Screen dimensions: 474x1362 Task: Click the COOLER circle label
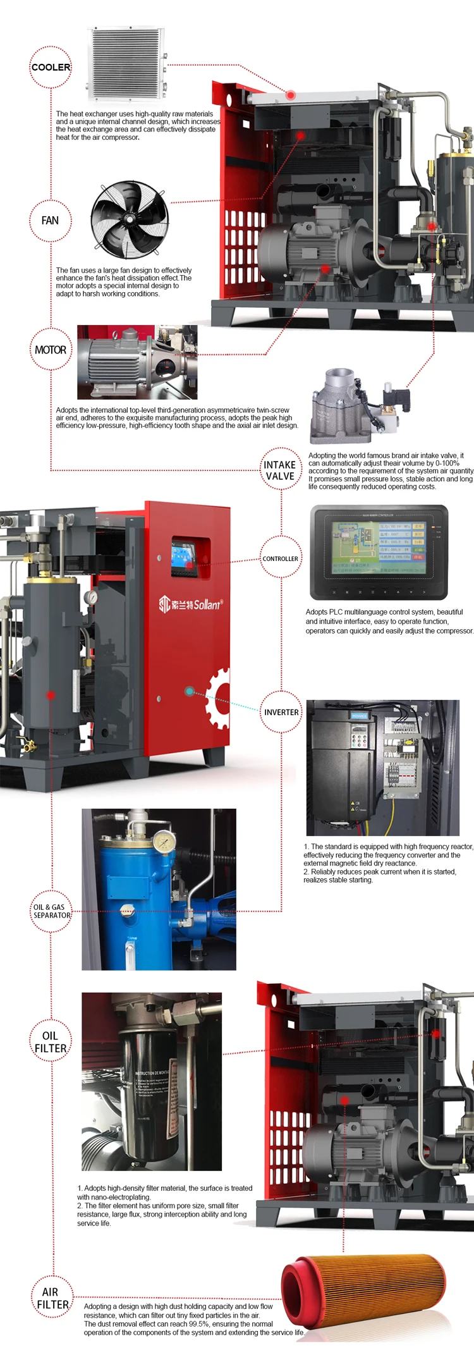pos(51,67)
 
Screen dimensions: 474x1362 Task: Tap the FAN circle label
pos(51,221)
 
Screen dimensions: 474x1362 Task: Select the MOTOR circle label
pos(51,350)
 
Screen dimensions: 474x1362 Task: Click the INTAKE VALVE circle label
pos(280,470)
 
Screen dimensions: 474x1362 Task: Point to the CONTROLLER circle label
pos(281,558)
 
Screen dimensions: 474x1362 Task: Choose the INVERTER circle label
pos(281,712)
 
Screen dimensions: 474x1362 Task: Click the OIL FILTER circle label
pos(51,1041)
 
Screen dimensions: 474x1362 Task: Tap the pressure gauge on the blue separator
pos(164,840)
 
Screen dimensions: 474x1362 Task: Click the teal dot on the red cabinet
pos(189,691)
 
